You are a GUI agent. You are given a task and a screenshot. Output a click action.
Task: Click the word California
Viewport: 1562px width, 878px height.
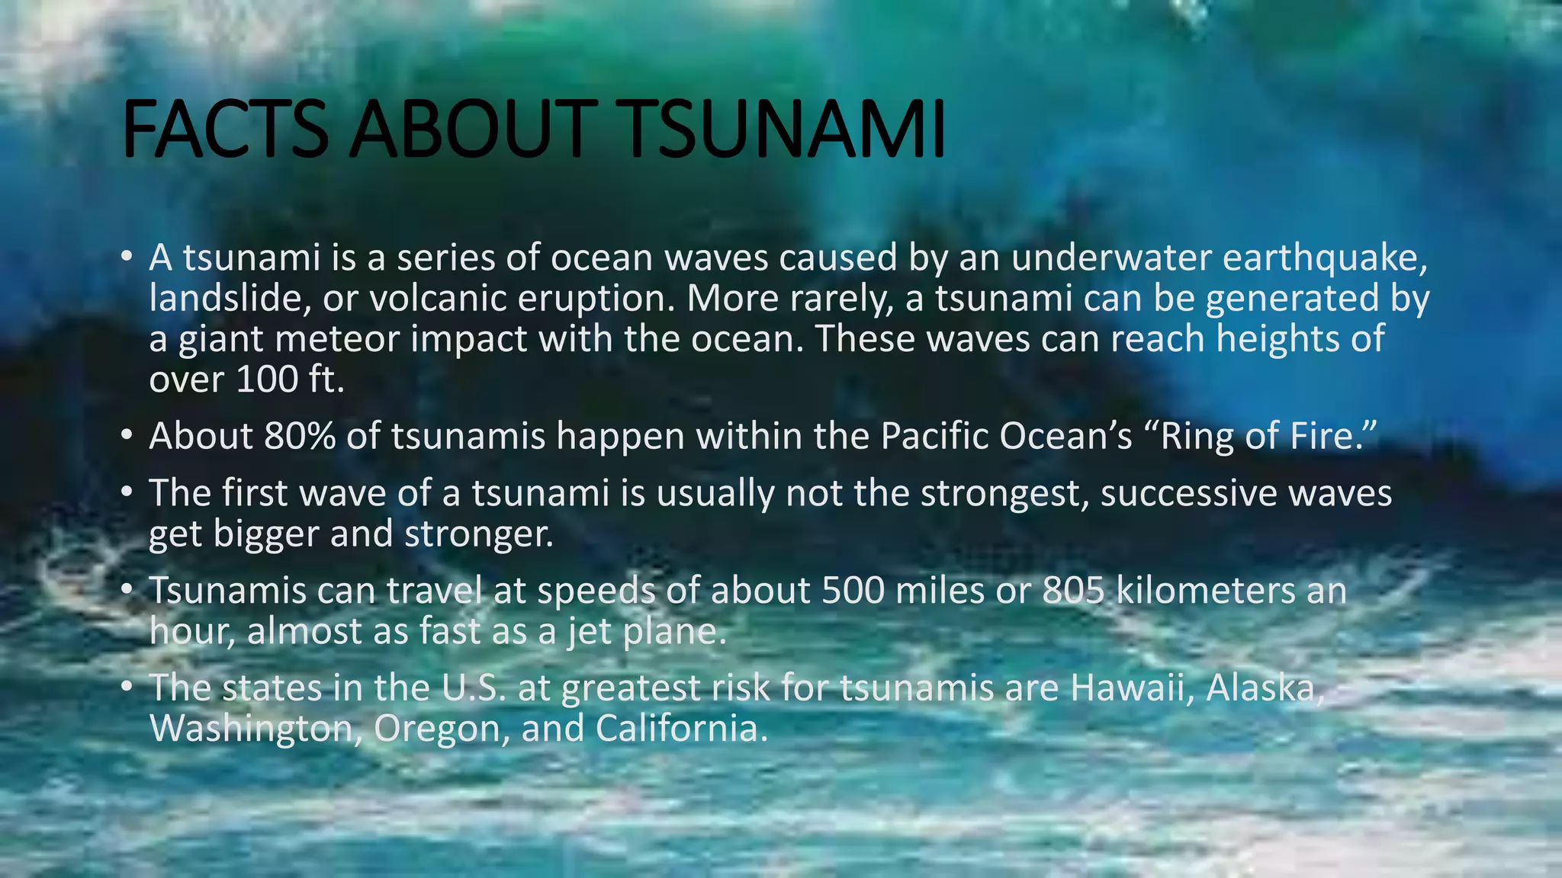[680, 728]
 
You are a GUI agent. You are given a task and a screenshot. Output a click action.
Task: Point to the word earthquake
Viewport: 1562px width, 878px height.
[1325, 258]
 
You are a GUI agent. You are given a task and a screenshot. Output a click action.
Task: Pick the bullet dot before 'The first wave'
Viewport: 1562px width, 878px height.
[127, 493]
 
